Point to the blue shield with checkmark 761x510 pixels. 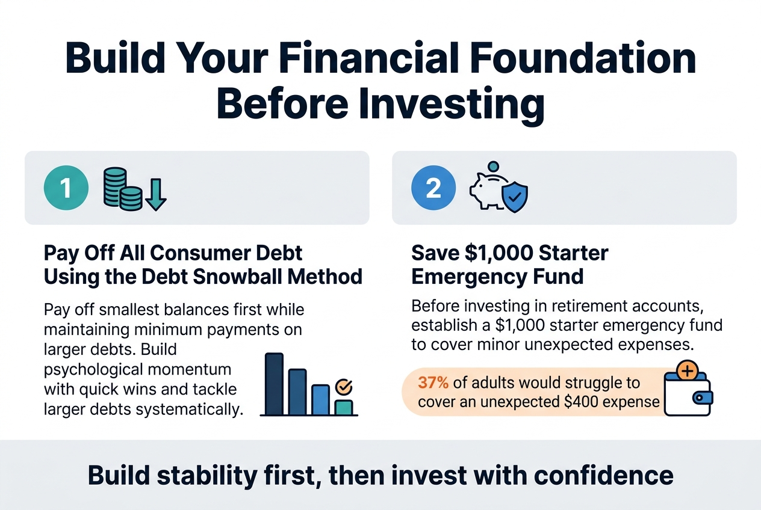[516, 197]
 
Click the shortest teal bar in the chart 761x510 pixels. [344, 407]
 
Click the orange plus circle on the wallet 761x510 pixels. [687, 371]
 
